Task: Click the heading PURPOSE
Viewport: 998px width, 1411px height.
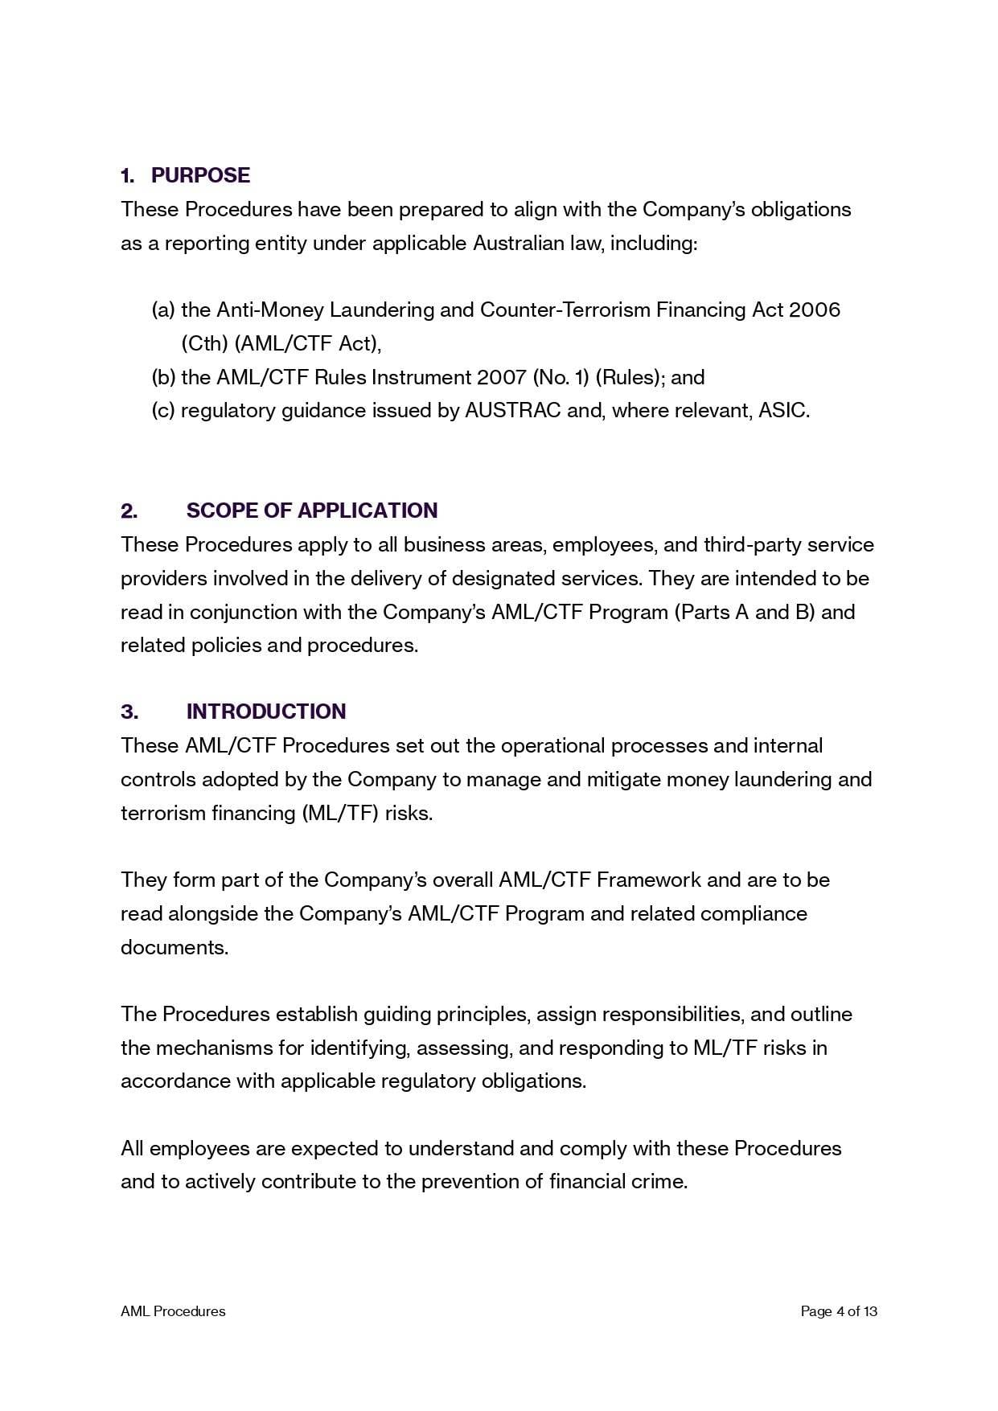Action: pyautogui.click(x=200, y=175)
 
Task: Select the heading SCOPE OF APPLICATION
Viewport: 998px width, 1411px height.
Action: pyautogui.click(x=312, y=511)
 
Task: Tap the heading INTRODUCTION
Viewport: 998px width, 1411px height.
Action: pyautogui.click(x=266, y=712)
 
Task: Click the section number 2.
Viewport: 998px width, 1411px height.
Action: pyautogui.click(x=129, y=511)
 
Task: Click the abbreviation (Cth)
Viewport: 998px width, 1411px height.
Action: pyautogui.click(x=204, y=343)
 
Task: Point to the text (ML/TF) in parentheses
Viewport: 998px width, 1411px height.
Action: pyautogui.click(x=340, y=813)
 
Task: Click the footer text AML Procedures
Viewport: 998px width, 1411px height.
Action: pyautogui.click(x=173, y=1311)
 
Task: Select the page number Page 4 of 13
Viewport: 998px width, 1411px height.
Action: pyautogui.click(x=839, y=1311)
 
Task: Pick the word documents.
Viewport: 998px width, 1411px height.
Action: pyautogui.click(x=175, y=947)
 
